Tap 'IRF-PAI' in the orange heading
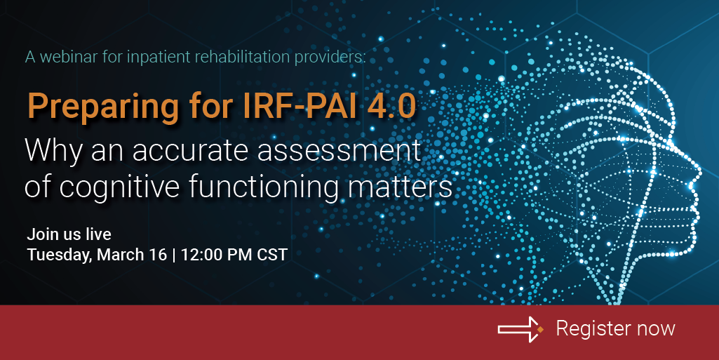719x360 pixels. point(283,106)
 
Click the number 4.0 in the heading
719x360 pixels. point(389,106)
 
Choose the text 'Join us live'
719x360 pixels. point(69,234)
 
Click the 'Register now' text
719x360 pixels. point(615,328)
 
